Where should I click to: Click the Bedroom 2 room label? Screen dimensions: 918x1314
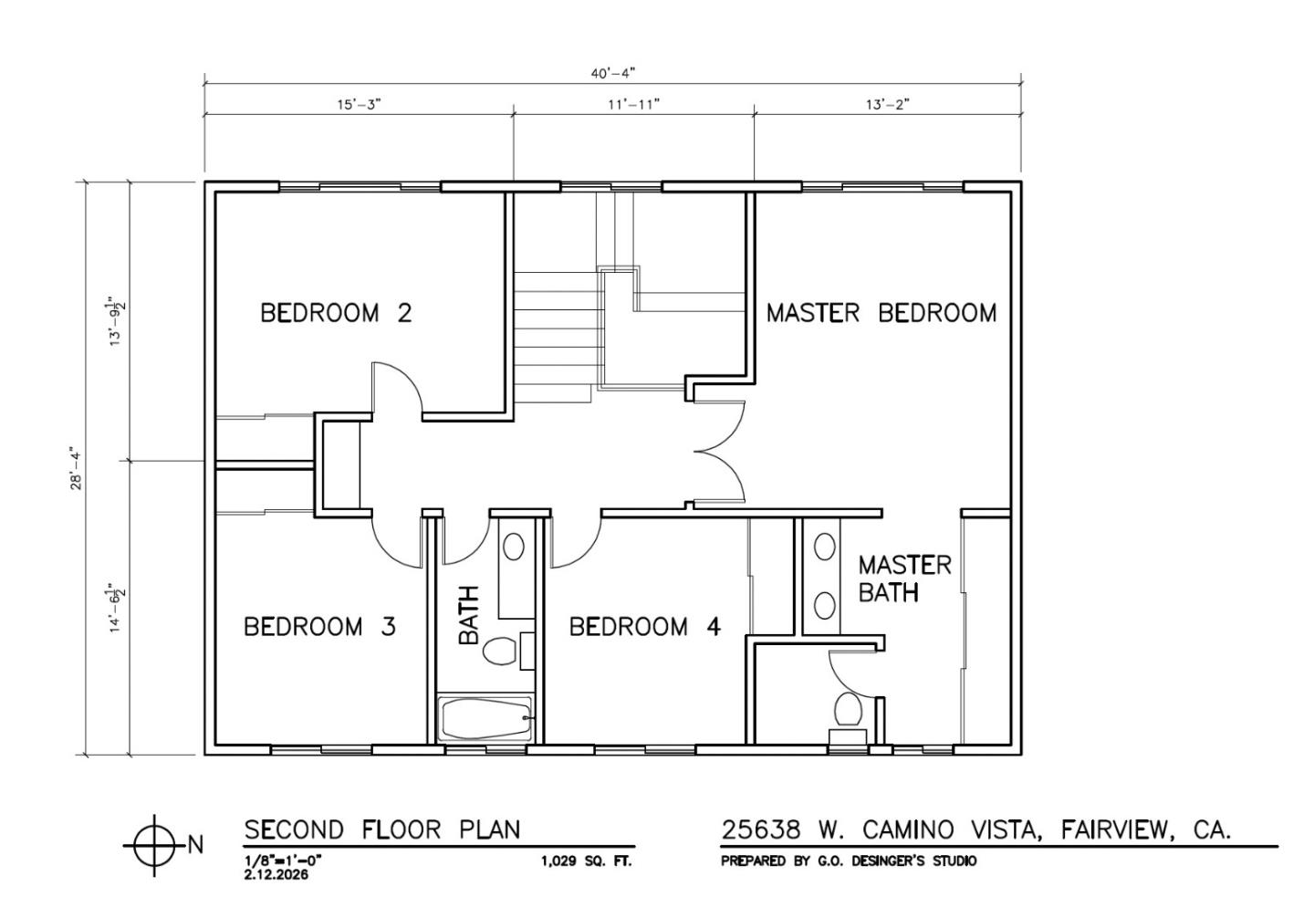point(336,313)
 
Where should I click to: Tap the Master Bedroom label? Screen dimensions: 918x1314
point(881,313)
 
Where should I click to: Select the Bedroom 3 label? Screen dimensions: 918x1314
point(319,627)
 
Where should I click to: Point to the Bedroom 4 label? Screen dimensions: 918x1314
point(645,627)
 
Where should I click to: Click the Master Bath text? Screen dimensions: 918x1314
point(903,579)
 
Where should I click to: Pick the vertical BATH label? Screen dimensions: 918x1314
point(468,615)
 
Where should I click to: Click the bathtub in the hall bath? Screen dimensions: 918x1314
point(485,720)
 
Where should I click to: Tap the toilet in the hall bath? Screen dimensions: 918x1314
point(500,651)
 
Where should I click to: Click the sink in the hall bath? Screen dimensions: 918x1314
point(514,547)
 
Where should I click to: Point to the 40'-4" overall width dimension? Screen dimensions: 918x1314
point(612,72)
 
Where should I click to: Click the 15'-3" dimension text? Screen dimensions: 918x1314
point(359,104)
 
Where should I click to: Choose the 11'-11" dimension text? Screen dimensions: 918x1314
point(633,104)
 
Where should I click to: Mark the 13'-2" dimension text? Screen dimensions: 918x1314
point(887,104)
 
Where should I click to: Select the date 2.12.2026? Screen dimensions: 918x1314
point(276,874)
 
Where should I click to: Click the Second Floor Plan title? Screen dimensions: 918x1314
point(381,829)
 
